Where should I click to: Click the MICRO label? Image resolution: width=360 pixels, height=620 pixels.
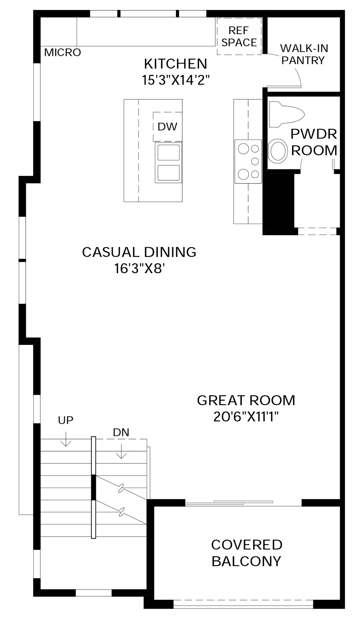click(63, 52)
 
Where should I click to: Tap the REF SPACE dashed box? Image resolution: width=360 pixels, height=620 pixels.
click(239, 36)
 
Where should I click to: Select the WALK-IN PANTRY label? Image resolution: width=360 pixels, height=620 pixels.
click(304, 54)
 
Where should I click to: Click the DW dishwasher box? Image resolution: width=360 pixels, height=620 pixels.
click(167, 127)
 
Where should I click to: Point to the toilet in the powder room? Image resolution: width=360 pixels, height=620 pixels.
click(286, 115)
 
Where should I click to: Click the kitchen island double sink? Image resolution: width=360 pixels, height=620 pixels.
click(169, 163)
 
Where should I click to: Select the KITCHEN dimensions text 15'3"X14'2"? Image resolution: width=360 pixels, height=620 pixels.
click(176, 80)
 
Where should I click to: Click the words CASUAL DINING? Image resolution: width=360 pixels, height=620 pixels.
click(139, 252)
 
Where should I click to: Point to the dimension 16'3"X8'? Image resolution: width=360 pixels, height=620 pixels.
click(140, 269)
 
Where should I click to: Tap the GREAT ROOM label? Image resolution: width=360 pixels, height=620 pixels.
click(246, 400)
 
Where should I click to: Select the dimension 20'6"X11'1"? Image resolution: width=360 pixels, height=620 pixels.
click(246, 417)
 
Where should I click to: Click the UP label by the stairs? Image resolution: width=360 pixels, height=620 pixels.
click(66, 420)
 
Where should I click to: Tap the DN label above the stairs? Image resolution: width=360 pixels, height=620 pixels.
click(121, 432)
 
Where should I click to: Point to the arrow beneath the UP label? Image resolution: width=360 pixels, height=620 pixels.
click(66, 439)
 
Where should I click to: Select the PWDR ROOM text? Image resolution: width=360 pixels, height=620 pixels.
click(314, 142)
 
